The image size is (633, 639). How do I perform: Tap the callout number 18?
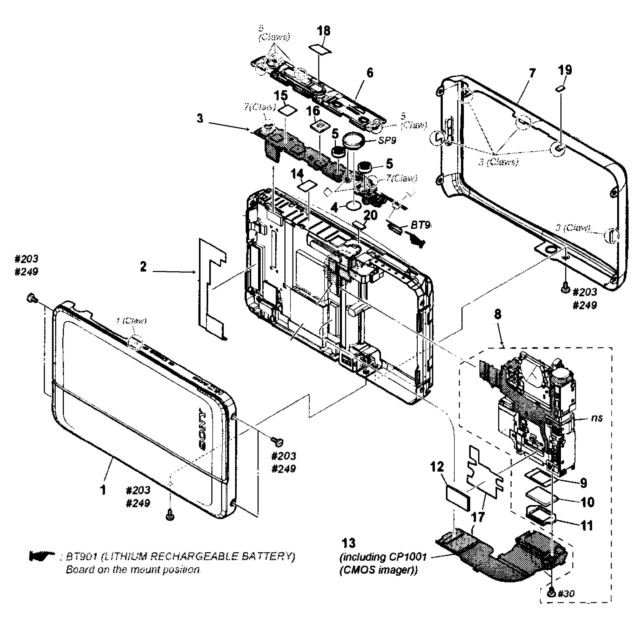[x=323, y=31]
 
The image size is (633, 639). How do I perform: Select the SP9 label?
[x=387, y=141]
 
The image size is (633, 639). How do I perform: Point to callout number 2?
[x=143, y=267]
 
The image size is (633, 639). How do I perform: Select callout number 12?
[x=437, y=467]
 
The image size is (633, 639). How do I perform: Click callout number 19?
[x=565, y=70]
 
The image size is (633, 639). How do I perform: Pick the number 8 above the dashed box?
[x=498, y=314]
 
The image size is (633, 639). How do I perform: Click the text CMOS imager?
[x=378, y=570]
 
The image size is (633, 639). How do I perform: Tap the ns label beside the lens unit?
[x=597, y=418]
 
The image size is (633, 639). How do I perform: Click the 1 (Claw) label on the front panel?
[x=131, y=321]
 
